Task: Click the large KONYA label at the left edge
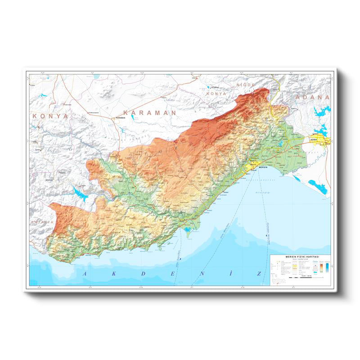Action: coord(50,116)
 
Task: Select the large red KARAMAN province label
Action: coord(149,112)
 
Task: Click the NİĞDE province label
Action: coord(246,85)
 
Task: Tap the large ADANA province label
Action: coord(312,97)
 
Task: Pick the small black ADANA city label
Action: coord(314,140)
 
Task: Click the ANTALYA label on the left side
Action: coord(42,222)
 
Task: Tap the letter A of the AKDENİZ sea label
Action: coord(82,273)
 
